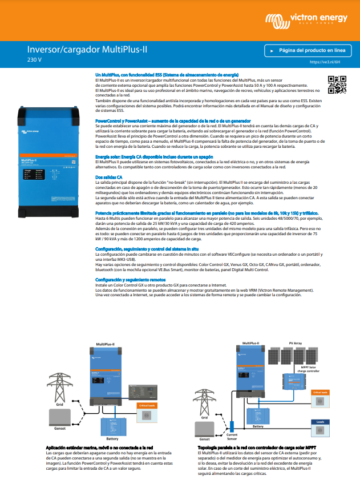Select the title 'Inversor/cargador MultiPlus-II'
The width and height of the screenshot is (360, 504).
(87, 50)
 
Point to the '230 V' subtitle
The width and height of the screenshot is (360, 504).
(34, 59)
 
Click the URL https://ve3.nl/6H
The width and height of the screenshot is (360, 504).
(325, 62)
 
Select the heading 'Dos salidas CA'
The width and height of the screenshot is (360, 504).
(108, 178)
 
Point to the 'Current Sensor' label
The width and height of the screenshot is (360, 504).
(232, 437)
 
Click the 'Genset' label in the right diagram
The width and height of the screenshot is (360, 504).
(204, 438)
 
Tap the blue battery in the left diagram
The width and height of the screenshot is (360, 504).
(113, 426)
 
